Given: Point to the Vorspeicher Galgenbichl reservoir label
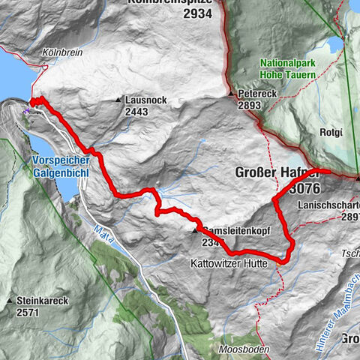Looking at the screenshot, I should point(61,166).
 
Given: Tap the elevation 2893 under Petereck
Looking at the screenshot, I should point(250,106).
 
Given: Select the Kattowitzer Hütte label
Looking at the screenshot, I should point(227,264).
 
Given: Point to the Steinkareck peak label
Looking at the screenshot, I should point(43,301).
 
